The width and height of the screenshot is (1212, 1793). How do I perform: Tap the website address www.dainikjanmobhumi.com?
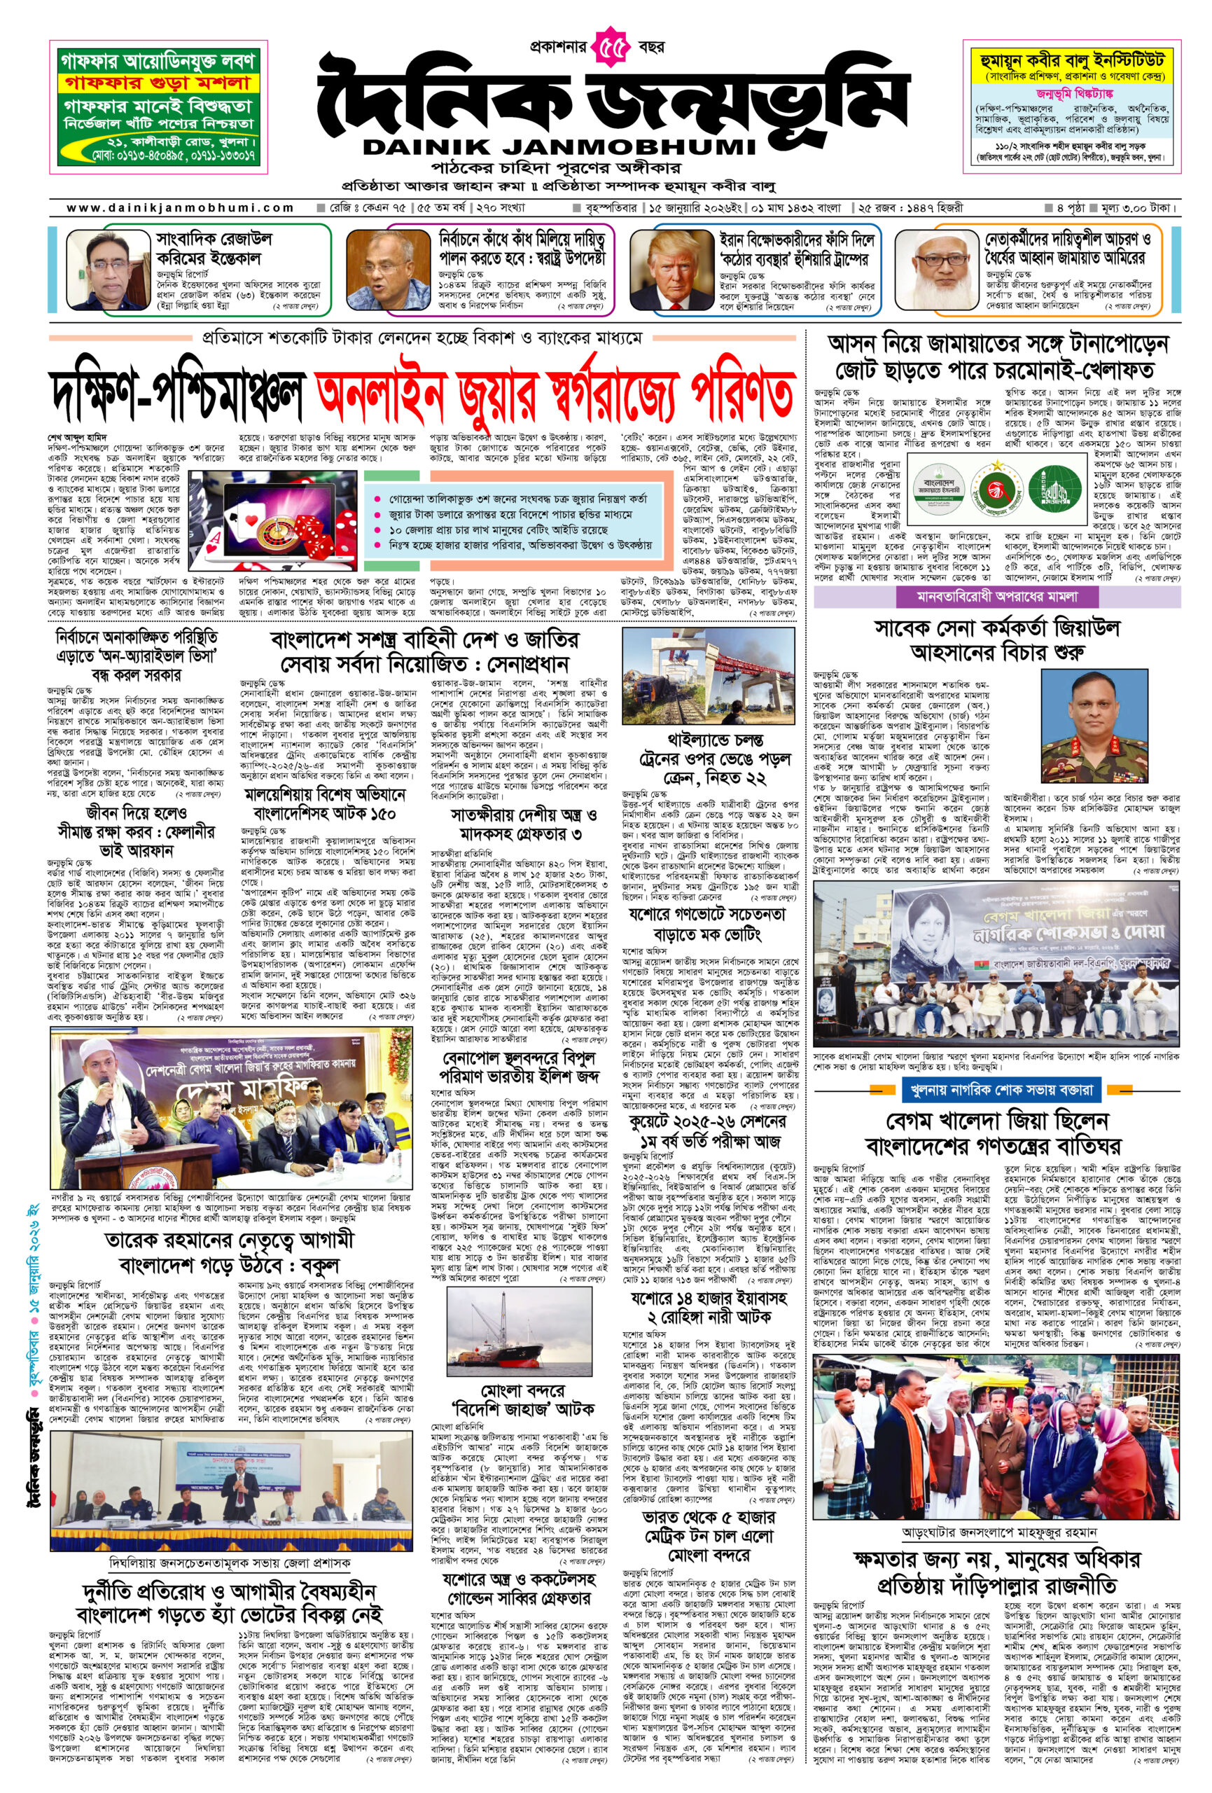pyautogui.click(x=181, y=207)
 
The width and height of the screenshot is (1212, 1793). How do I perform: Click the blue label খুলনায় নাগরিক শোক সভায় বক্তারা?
pyautogui.click(x=998, y=1089)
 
